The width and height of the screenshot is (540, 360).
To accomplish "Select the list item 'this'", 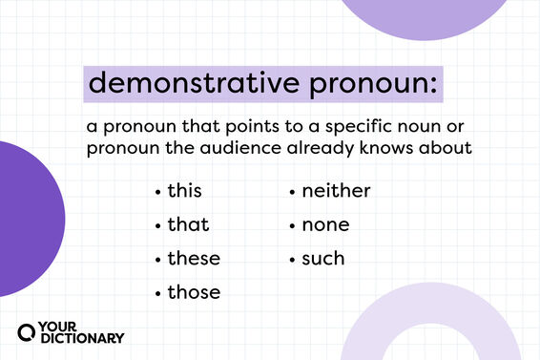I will pyautogui.click(x=184, y=191).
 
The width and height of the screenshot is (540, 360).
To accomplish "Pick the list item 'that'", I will pyautogui.click(x=187, y=225).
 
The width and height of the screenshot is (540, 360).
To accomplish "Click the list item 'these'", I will pyautogui.click(x=193, y=259).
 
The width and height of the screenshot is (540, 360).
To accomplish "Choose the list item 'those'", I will pyautogui.click(x=193, y=292).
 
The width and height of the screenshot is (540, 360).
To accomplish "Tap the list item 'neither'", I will pyautogui.click(x=336, y=191).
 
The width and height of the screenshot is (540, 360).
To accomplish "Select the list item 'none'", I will pyautogui.click(x=325, y=225).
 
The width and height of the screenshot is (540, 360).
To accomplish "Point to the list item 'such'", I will pyautogui.click(x=323, y=259).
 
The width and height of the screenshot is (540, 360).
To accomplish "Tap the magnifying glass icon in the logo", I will pyautogui.click(x=28, y=332).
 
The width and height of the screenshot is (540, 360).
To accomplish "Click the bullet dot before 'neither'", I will pyautogui.click(x=292, y=193).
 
